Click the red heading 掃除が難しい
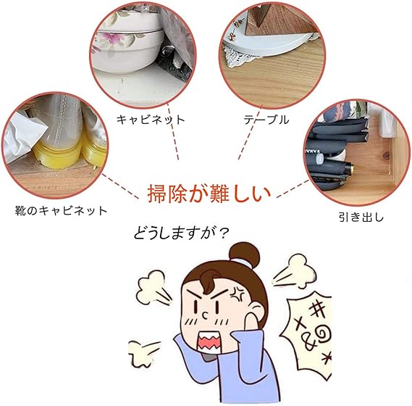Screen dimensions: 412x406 pos(209,194)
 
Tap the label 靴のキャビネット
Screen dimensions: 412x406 pos(62,211)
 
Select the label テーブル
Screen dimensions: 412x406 pos(266,120)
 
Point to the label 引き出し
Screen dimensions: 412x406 pos(361,217)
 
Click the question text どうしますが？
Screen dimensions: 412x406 pos(181,233)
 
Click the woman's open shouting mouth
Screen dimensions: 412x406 pos(209,341)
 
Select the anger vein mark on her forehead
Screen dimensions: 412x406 pos(238,291)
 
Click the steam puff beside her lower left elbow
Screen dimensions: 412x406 pos(143,353)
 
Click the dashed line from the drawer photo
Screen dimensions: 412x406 pos(293,188)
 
